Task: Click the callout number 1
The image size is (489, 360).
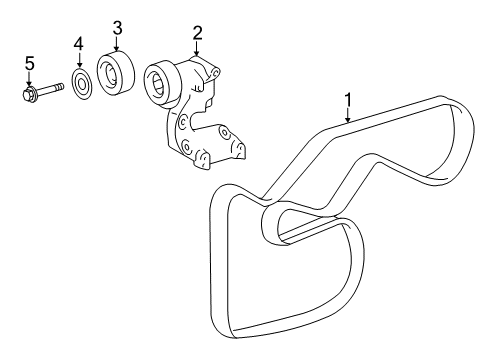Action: (347, 99)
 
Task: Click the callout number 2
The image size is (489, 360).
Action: (198, 33)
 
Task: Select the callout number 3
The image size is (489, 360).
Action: (118, 27)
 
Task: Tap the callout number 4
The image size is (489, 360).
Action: (78, 43)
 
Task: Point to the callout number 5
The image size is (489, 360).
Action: (29, 64)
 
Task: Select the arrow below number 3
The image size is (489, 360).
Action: (118, 43)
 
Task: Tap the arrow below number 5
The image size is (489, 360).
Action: (29, 80)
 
